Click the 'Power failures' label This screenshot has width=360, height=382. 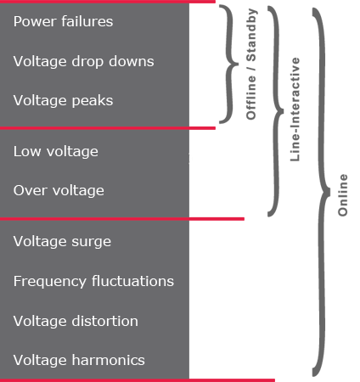[x=63, y=21]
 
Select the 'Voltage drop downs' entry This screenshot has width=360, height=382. [x=83, y=61]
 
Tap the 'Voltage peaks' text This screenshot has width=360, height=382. [x=63, y=100]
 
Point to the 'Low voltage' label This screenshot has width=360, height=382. [x=55, y=151]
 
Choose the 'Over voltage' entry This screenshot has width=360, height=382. [x=59, y=190]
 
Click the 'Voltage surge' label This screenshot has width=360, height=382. [x=62, y=241]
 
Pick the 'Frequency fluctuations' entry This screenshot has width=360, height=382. [x=93, y=281]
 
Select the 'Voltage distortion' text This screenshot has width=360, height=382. [x=76, y=321]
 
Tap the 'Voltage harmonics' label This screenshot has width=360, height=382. [x=79, y=360]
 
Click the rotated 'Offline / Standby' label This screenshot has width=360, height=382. [x=251, y=65]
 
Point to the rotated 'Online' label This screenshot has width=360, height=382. [x=343, y=194]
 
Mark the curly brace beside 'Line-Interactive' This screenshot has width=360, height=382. [x=274, y=110]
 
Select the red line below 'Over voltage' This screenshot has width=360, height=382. [x=122, y=218]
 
